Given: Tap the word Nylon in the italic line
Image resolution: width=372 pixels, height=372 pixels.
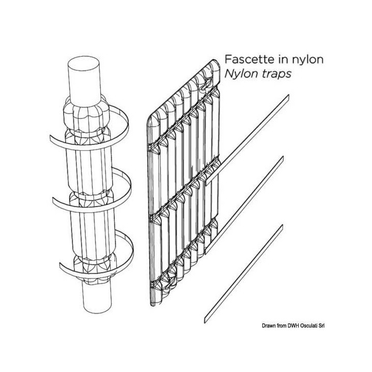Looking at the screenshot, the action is [241, 74].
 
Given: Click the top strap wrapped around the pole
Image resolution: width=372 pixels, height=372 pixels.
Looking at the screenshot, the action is [89, 128].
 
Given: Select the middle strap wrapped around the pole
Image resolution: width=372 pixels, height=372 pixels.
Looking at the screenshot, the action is [91, 190].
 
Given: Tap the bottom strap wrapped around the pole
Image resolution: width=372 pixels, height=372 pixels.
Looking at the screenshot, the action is [97, 253].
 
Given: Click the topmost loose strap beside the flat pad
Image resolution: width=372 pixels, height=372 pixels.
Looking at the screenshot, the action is [247, 140].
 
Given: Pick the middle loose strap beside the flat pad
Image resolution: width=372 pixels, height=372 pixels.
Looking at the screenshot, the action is [244, 205].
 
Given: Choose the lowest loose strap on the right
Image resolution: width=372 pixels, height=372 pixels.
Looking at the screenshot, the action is [244, 274].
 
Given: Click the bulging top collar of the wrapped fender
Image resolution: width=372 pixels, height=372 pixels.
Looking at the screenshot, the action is [86, 114].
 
